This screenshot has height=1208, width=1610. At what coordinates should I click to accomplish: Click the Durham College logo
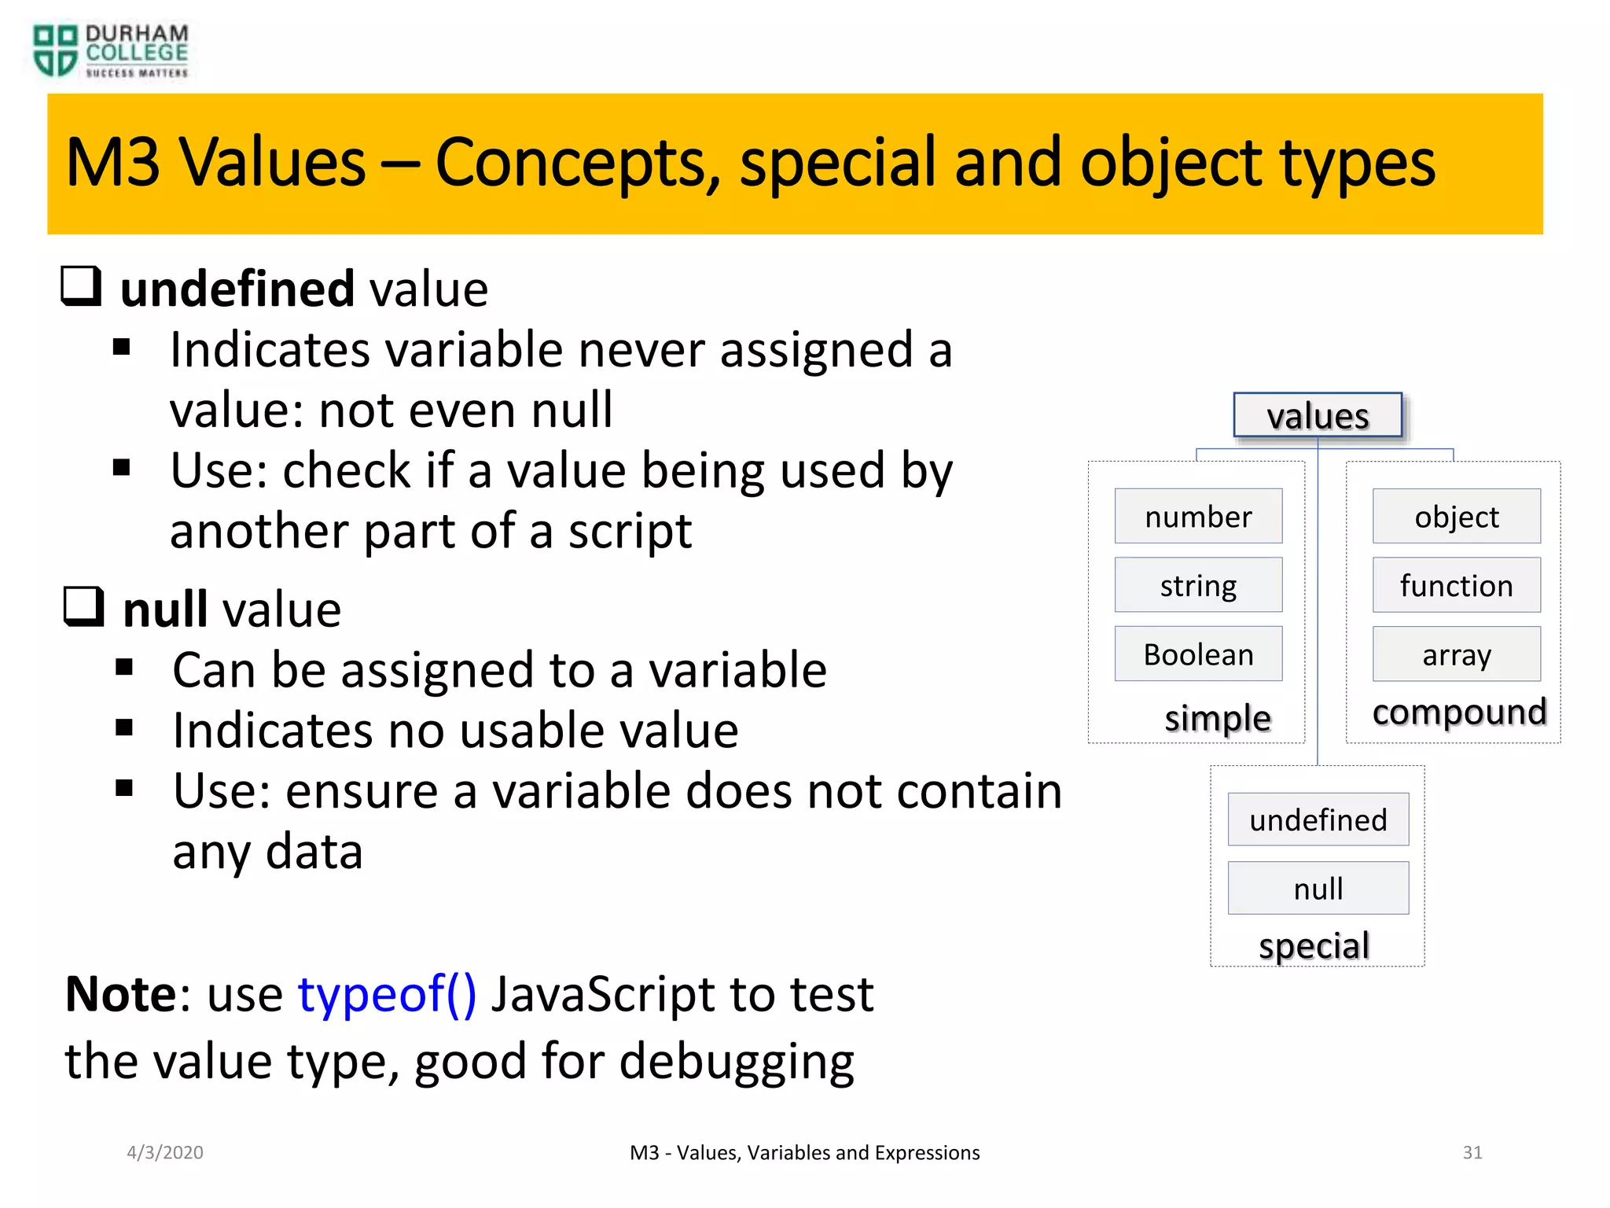coord(110,51)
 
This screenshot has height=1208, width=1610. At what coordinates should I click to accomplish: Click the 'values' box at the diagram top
coord(1318,415)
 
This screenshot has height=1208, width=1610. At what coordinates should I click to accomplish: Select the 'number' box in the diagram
coord(1198,517)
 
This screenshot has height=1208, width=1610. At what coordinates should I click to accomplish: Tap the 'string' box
coord(1198,585)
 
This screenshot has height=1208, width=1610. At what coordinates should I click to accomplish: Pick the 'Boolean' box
coord(1198,654)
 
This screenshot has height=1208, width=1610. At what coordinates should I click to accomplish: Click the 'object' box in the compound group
coord(1456,517)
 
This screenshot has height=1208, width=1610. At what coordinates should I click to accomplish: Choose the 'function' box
coord(1456,585)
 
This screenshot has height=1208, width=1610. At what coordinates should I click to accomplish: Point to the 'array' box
coord(1456,654)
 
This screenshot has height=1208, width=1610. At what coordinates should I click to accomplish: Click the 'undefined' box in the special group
coord(1318,819)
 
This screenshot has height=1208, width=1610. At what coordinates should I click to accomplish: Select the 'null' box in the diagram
coord(1318,889)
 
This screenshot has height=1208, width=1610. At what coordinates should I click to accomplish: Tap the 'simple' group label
coord(1217,717)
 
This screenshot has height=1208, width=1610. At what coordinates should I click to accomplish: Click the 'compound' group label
coord(1459,712)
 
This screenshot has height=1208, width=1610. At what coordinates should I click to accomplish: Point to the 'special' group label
coord(1314,945)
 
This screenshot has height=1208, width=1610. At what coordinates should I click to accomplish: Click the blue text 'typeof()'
coord(387,994)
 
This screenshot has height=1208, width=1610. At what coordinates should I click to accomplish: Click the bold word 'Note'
coord(122,994)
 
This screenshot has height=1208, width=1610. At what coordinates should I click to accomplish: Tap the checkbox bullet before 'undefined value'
coord(82,286)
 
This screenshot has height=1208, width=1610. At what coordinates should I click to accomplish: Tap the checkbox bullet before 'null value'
coord(84,607)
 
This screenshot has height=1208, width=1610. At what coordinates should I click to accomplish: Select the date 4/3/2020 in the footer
coord(165,1152)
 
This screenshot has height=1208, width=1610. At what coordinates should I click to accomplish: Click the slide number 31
coord(1472,1152)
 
